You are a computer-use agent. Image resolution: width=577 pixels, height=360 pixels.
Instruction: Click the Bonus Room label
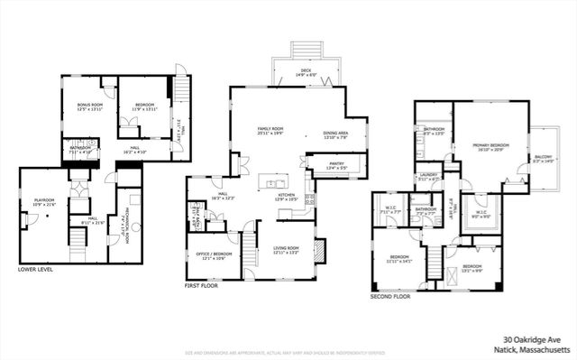tap(89, 105)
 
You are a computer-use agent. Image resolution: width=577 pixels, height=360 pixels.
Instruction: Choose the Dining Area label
tap(335, 134)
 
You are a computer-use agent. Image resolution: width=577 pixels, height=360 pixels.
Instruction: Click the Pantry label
tap(324, 164)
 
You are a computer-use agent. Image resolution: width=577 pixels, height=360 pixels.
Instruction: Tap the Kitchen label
tap(287, 194)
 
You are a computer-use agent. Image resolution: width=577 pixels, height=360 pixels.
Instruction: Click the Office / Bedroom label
tap(214, 254)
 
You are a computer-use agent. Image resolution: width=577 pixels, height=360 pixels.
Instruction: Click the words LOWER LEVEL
tap(37, 269)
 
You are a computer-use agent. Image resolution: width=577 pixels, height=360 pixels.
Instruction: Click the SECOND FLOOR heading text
tap(390, 295)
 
